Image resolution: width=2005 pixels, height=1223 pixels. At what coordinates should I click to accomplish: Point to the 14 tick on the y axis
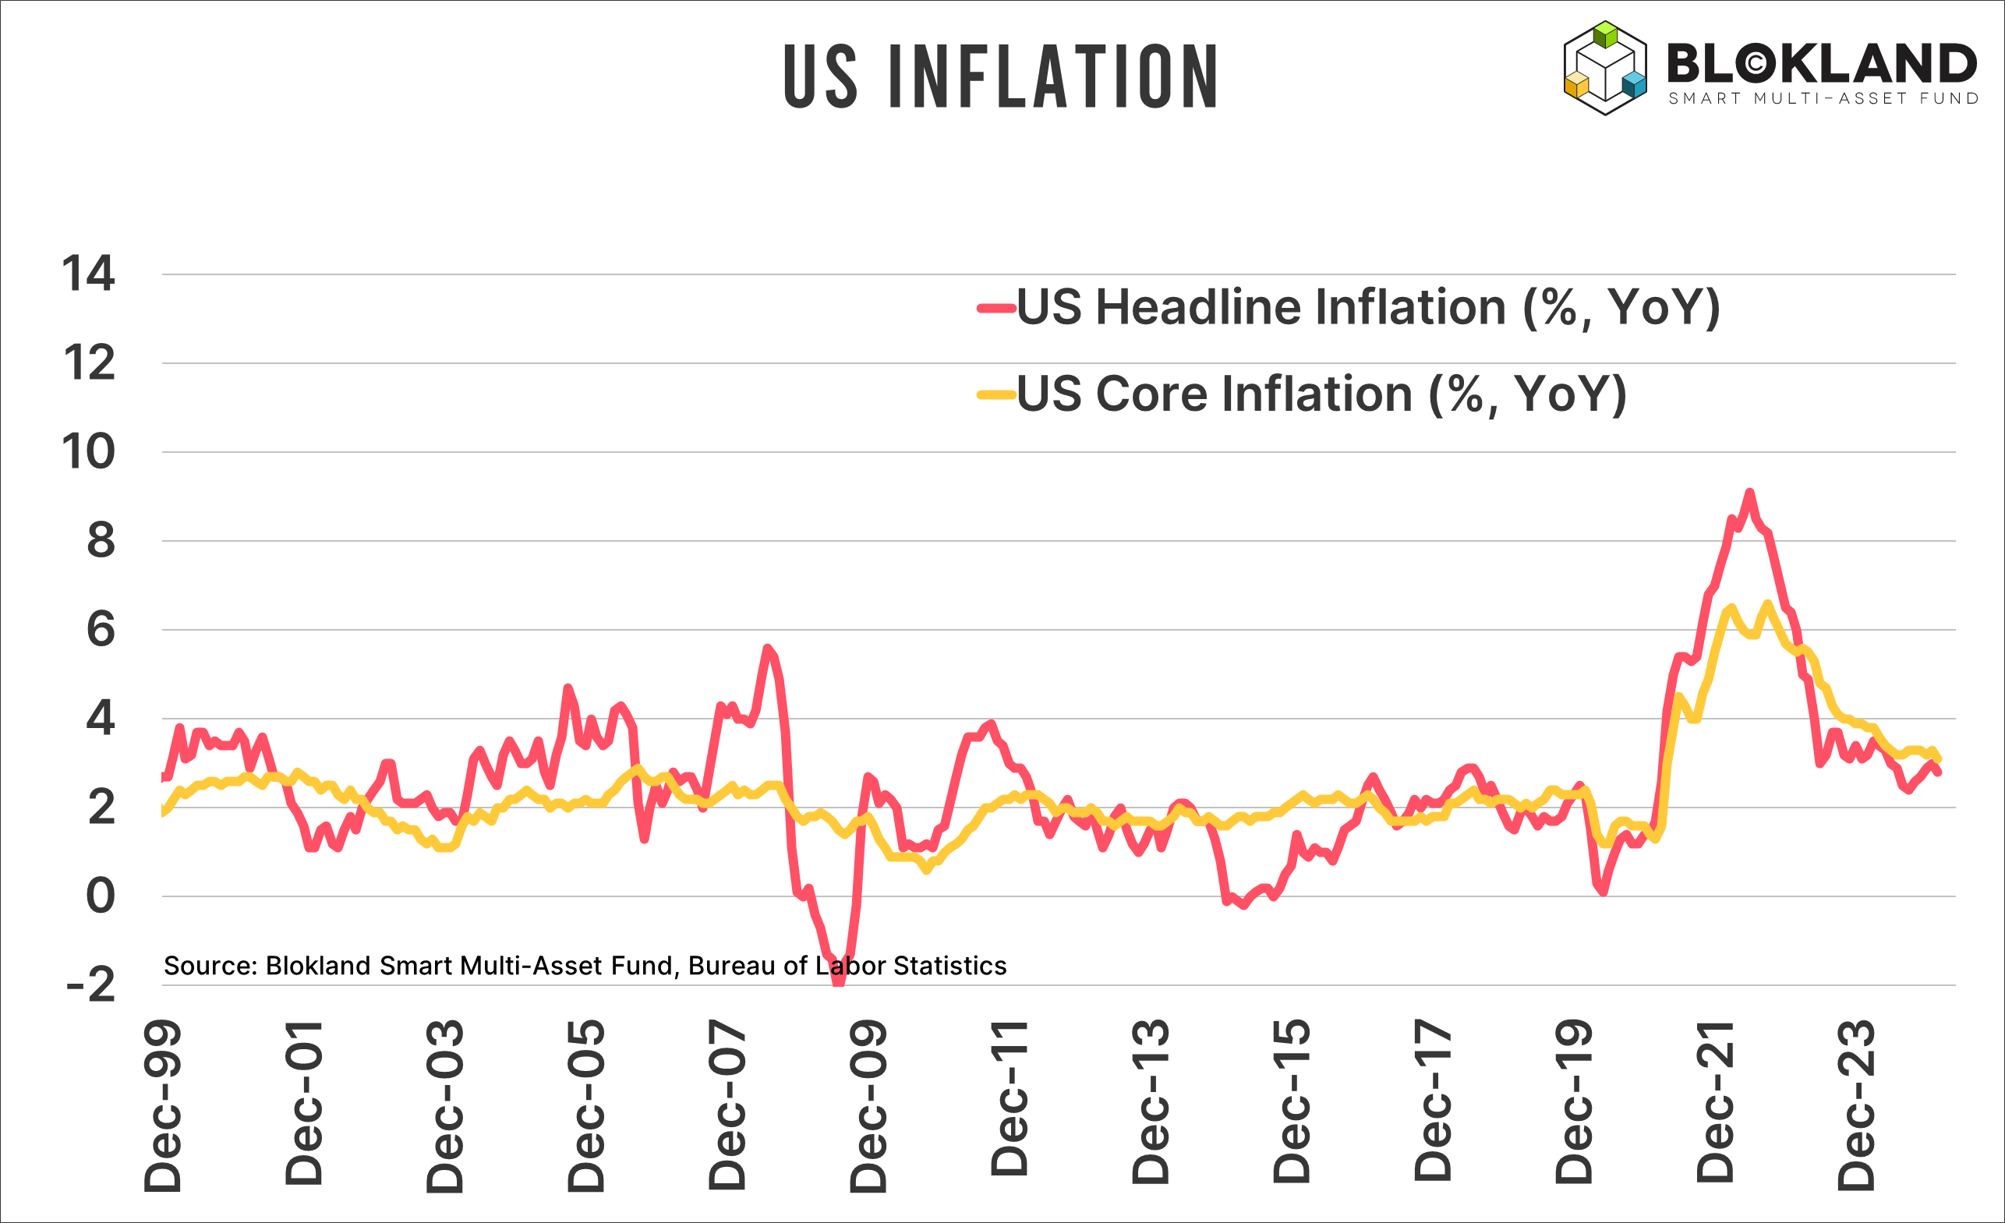click(89, 274)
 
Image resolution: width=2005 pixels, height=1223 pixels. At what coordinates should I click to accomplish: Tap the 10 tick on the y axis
click(89, 451)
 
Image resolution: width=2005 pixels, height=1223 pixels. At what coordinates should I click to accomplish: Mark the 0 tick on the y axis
click(100, 896)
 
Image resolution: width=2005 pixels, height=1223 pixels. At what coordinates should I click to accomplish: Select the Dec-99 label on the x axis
click(163, 1107)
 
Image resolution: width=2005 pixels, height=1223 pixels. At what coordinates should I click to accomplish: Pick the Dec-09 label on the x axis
click(868, 1107)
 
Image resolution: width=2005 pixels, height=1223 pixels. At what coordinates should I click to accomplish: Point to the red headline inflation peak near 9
click(1749, 493)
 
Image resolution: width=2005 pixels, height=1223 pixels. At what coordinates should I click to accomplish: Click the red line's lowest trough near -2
click(838, 981)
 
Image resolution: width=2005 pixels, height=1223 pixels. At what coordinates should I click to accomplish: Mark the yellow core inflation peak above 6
click(1767, 603)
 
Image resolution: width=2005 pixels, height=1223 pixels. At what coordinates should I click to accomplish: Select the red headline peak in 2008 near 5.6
click(766, 648)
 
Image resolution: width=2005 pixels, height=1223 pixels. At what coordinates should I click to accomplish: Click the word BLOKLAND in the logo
click(1821, 63)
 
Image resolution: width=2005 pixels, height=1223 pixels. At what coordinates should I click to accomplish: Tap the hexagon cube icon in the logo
click(1604, 69)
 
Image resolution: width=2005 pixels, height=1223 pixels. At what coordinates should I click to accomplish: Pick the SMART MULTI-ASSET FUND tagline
click(1823, 98)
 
